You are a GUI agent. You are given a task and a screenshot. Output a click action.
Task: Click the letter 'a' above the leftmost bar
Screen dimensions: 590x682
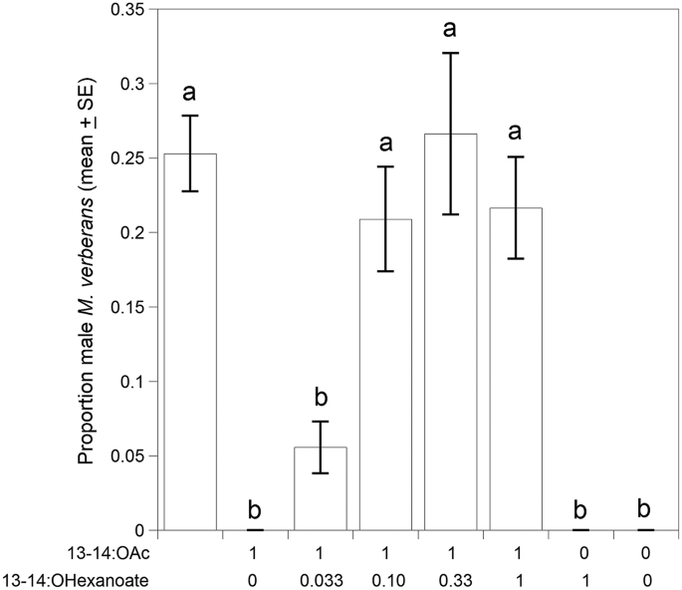tap(189, 94)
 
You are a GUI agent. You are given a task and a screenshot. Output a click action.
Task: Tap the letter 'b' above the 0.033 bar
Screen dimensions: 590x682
tap(320, 398)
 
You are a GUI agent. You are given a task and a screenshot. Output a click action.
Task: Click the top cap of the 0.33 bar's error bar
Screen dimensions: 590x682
tap(451, 53)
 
